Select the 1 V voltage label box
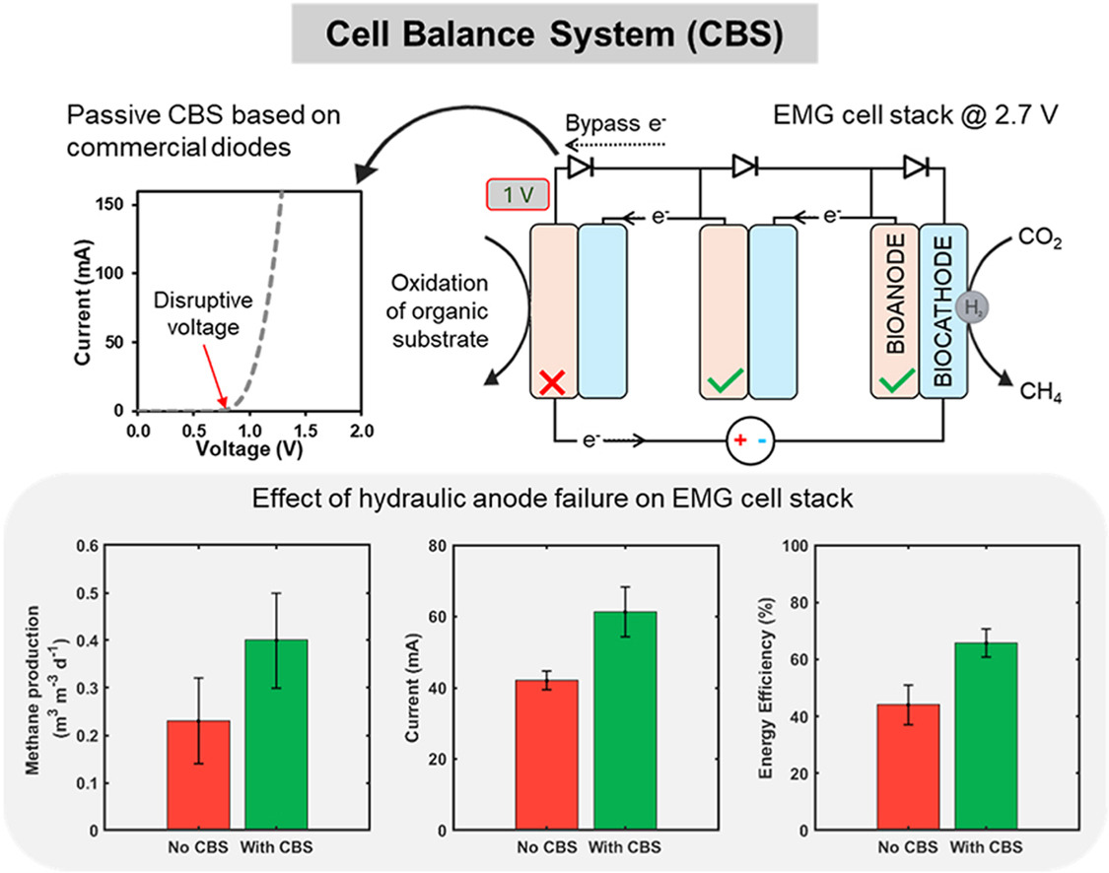click(518, 193)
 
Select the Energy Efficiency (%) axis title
click(765, 687)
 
